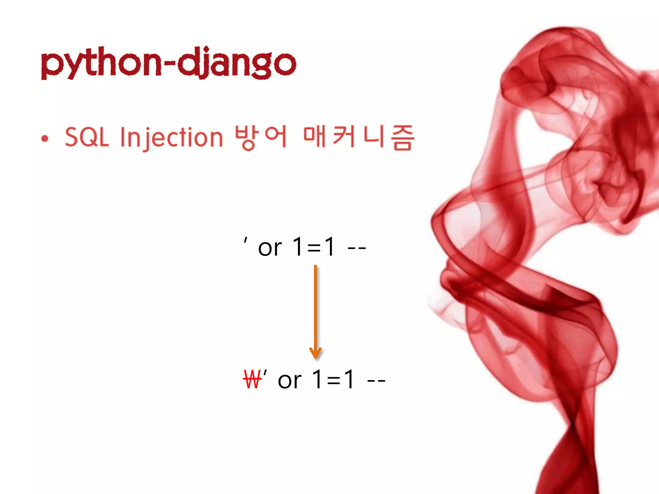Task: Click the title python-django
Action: (169, 63)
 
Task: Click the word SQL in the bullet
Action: (87, 137)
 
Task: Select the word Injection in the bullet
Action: (171, 138)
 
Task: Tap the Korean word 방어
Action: (261, 137)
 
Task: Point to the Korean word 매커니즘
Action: (358, 137)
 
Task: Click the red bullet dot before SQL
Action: (45, 139)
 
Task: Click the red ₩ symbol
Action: (252, 380)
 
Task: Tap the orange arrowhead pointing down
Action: (315, 353)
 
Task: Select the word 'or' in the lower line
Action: (289, 380)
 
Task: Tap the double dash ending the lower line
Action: (376, 381)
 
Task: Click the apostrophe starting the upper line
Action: (246, 240)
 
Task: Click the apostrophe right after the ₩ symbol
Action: (265, 373)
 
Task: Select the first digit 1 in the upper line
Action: (298, 247)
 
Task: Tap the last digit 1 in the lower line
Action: (349, 380)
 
